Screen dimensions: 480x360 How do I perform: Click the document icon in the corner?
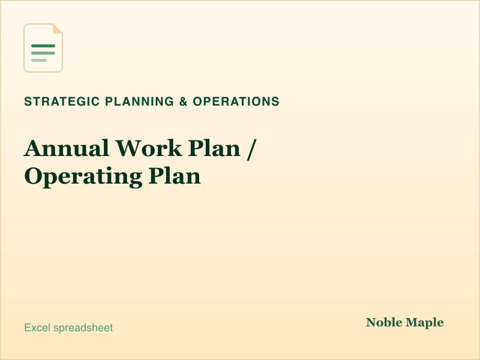click(43, 48)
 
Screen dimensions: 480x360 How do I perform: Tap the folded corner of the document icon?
click(58, 28)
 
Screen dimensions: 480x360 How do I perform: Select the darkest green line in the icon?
click(43, 46)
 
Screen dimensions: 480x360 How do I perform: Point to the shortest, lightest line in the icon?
click(39, 61)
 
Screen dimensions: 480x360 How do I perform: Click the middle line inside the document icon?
click(43, 53)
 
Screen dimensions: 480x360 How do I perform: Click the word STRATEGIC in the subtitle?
click(62, 101)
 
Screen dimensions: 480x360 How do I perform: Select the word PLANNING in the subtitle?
click(140, 101)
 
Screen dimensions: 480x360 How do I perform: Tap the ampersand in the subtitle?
click(184, 101)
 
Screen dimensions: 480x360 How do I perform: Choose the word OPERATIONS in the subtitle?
click(236, 101)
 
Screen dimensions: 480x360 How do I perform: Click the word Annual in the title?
click(67, 148)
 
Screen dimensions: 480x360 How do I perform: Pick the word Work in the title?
click(148, 148)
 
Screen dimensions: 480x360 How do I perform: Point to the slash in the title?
click(251, 149)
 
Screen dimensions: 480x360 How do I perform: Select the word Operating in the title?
click(83, 177)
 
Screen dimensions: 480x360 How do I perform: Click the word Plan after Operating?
click(175, 176)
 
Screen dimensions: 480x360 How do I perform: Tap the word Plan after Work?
click(214, 148)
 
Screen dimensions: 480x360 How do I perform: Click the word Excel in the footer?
click(37, 328)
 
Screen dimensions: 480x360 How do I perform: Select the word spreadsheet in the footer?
click(83, 328)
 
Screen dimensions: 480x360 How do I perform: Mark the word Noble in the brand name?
click(384, 322)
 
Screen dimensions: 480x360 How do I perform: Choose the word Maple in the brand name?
click(425, 323)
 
